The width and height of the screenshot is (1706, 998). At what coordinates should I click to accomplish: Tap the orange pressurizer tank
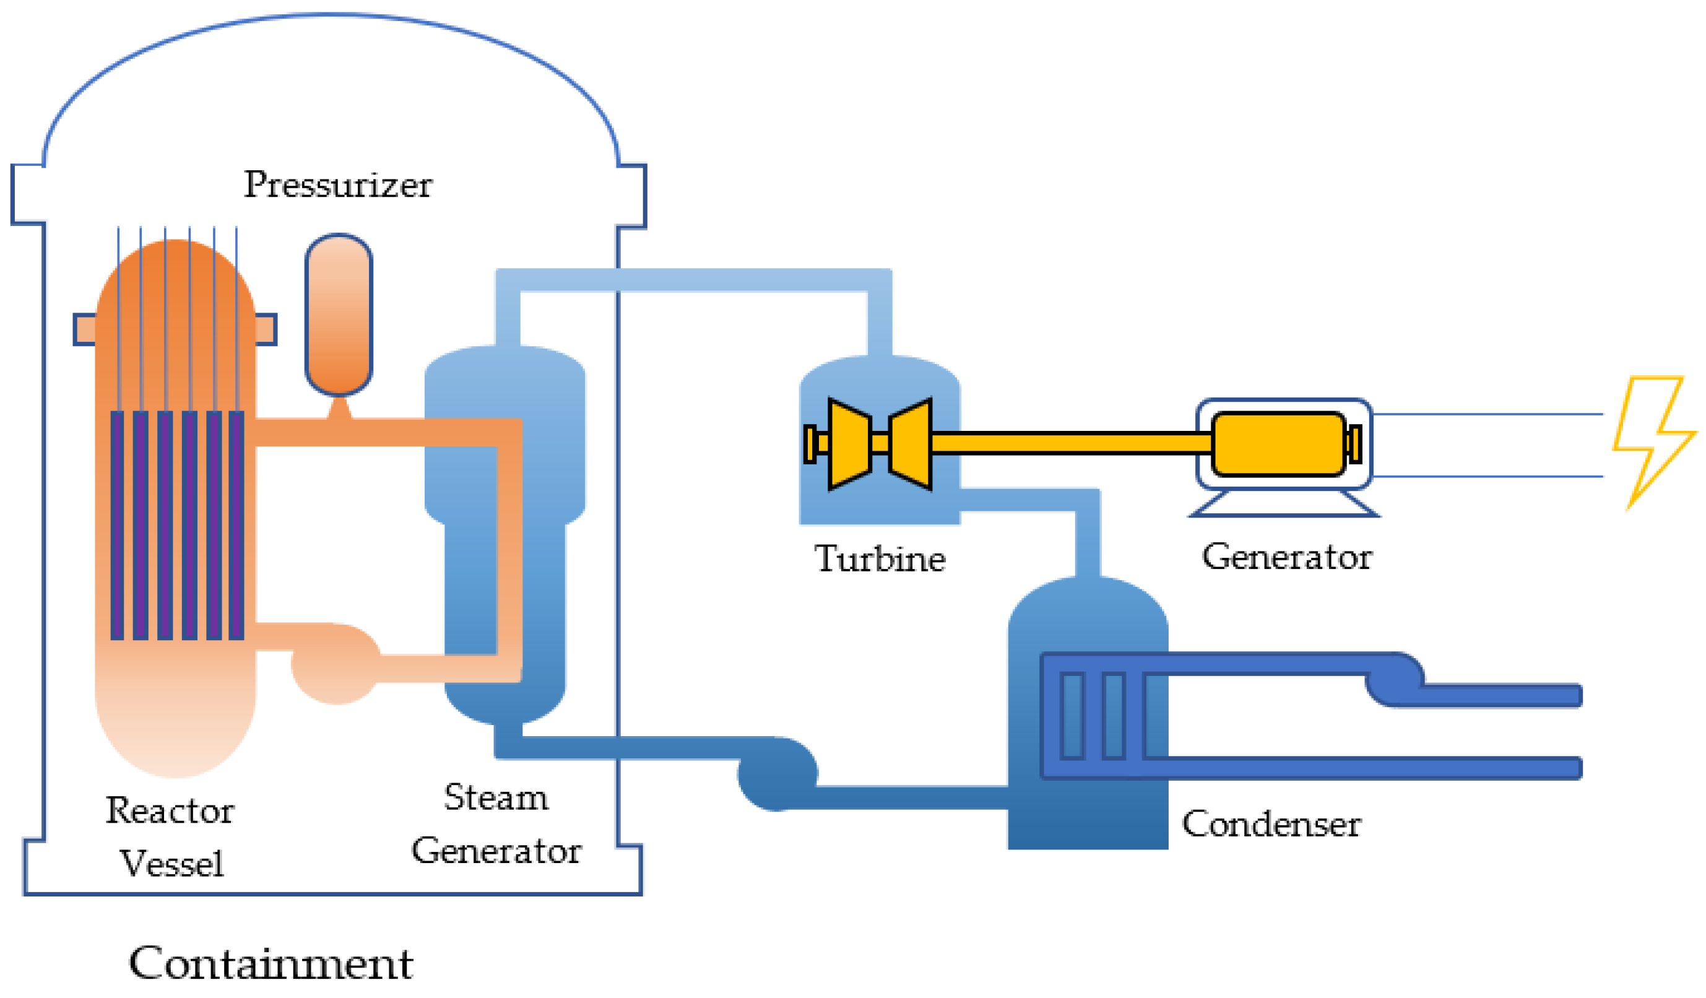click(339, 315)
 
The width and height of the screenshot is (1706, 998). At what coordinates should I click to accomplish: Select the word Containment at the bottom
click(271, 963)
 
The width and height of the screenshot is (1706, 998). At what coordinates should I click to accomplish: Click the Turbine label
click(880, 558)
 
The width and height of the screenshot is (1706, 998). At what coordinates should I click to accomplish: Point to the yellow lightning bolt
click(1652, 440)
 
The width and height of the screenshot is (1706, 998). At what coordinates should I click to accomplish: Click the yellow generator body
click(1278, 444)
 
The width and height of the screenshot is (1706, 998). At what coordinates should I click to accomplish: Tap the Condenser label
click(1271, 824)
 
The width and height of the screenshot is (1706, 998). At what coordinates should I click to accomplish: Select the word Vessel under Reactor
click(172, 863)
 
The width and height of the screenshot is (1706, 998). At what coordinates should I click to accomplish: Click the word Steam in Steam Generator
click(496, 797)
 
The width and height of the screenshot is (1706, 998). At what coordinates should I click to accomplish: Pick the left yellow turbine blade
click(850, 444)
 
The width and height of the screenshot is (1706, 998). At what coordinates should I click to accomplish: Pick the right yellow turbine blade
click(911, 444)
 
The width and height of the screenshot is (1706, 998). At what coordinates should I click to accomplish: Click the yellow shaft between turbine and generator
click(1072, 443)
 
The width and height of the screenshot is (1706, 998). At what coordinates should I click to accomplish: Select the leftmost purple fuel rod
click(117, 525)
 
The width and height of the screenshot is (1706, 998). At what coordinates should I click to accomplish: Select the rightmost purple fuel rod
click(236, 525)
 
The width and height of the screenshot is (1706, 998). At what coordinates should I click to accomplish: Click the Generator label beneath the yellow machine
click(1286, 557)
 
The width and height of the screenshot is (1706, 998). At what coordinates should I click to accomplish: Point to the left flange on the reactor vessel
click(85, 330)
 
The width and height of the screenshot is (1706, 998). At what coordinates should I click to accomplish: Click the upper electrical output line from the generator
click(1487, 414)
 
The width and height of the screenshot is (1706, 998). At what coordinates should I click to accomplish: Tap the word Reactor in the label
click(170, 810)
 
